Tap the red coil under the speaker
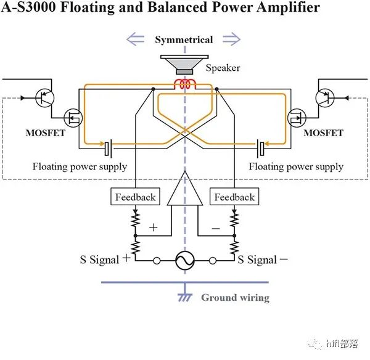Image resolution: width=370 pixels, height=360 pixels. (x=184, y=84)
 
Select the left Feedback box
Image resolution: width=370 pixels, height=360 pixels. (x=135, y=197)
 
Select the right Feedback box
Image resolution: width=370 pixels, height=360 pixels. (x=234, y=197)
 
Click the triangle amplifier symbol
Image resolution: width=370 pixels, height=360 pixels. (x=184, y=192)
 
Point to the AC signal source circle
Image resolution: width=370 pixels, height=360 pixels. (x=184, y=261)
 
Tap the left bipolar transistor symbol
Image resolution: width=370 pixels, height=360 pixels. (x=46, y=98)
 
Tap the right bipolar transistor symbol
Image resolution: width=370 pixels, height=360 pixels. (x=323, y=98)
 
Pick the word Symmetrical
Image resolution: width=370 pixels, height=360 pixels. (x=184, y=40)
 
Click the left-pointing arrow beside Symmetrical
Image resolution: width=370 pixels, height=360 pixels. (x=136, y=40)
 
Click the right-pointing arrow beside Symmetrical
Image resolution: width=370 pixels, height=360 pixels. (x=231, y=40)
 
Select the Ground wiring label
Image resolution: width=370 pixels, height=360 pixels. (x=235, y=298)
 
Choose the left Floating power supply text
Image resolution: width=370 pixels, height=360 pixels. (x=80, y=166)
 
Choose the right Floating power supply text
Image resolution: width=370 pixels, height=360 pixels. (x=296, y=166)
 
